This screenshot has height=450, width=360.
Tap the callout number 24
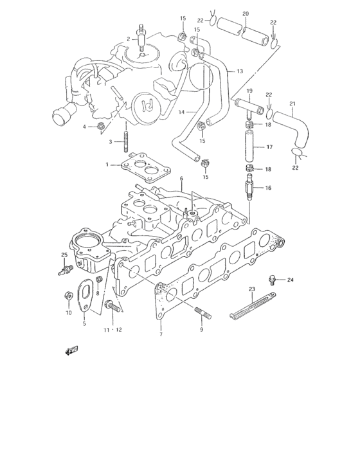[290, 280]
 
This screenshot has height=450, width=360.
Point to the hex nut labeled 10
[69, 296]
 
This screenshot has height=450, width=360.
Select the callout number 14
[182, 112]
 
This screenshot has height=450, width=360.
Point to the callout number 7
[161, 335]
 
